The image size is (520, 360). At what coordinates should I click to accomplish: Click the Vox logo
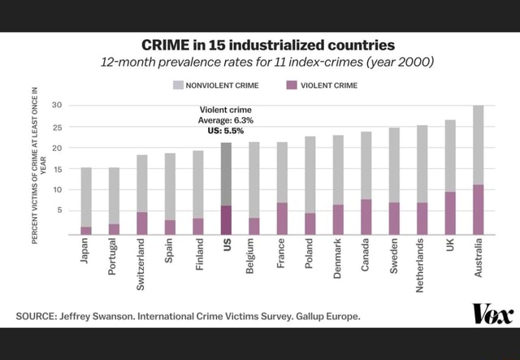(492, 314)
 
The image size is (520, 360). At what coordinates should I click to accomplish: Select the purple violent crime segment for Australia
(479, 210)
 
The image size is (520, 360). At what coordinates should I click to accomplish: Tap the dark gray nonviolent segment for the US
(226, 174)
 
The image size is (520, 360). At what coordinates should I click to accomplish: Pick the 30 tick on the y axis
(57, 106)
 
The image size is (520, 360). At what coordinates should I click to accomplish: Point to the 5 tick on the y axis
(60, 210)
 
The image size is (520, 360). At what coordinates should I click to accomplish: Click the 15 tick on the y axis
(57, 169)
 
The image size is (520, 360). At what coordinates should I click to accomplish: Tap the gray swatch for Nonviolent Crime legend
(177, 85)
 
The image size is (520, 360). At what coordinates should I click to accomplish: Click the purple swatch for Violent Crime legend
(292, 85)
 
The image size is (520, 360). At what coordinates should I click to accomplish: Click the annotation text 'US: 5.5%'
(225, 130)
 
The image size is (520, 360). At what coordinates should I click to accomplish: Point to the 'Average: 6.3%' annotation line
(225, 120)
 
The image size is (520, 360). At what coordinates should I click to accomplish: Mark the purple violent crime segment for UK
(450, 213)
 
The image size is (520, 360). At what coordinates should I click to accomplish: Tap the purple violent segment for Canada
(366, 217)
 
